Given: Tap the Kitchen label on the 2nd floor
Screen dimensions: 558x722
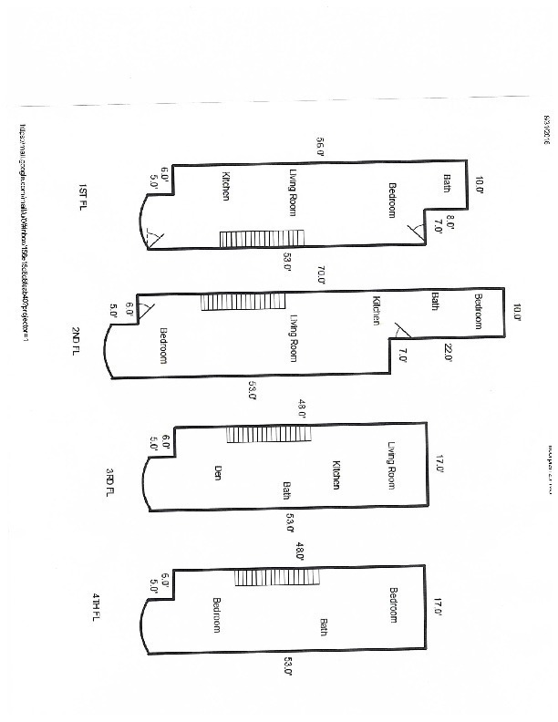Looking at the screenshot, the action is click(x=376, y=310).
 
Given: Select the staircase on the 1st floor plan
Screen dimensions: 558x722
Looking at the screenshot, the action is click(x=262, y=239).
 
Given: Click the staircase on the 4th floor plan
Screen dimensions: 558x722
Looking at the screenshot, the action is click(x=277, y=577).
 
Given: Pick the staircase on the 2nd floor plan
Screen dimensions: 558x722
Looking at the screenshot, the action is click(x=243, y=302).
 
